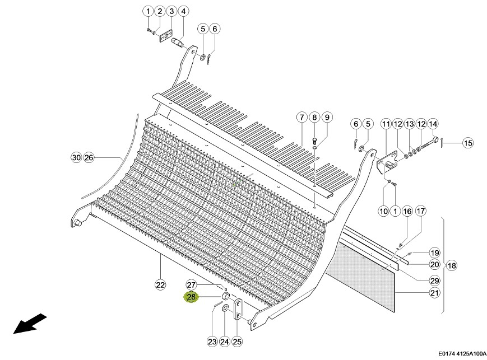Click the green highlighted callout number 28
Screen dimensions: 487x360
pyautogui.click(x=191, y=297)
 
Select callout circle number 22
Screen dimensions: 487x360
pyautogui.click(x=160, y=285)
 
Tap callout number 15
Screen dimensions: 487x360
pyautogui.click(x=468, y=143)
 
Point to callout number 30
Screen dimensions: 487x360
pyautogui.click(x=76, y=158)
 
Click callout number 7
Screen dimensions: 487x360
pyautogui.click(x=302, y=118)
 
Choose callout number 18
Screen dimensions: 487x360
pyautogui.click(x=452, y=265)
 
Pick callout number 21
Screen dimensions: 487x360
pyautogui.click(x=434, y=293)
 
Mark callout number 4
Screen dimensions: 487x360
pyautogui.click(x=183, y=12)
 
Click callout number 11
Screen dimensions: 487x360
pyautogui.click(x=386, y=124)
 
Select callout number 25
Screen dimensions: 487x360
pyautogui.click(x=237, y=342)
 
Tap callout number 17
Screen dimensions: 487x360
pyautogui.click(x=420, y=211)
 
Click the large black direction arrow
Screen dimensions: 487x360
pyautogui.click(x=30, y=324)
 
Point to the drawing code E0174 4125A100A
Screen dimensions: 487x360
pyautogui.click(x=462, y=353)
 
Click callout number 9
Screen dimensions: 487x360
pyautogui.click(x=327, y=118)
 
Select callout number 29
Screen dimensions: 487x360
pyautogui.click(x=434, y=280)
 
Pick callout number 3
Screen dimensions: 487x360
pyautogui.click(x=171, y=12)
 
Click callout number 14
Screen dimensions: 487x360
pyautogui.click(x=433, y=124)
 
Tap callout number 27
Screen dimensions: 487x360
pyautogui.click(x=191, y=285)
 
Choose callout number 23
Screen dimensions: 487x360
pyautogui.click(x=212, y=342)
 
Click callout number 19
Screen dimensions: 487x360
pyautogui.click(x=434, y=253)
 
